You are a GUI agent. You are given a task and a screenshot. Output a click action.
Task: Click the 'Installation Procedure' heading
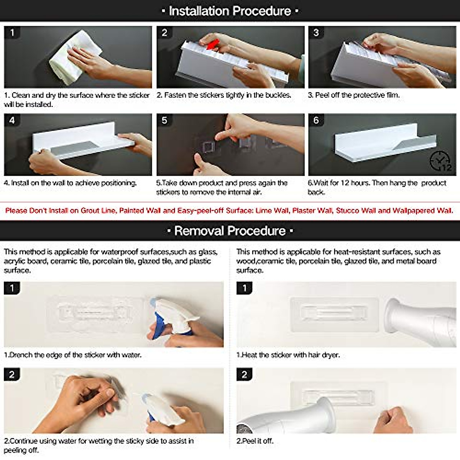click(230, 11)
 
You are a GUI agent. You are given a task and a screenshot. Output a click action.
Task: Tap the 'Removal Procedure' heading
click(230, 231)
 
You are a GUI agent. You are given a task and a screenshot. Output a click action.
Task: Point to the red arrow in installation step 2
click(212, 44)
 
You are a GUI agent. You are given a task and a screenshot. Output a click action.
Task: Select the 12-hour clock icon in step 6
click(440, 161)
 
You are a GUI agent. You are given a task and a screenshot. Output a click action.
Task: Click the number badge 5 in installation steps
click(164, 120)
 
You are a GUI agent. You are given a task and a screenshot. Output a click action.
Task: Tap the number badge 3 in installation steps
click(316, 33)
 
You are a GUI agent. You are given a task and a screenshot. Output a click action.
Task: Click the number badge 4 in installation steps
click(12, 120)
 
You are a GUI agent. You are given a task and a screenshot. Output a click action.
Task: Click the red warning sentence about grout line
click(229, 210)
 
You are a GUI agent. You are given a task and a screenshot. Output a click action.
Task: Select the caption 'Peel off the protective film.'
click(354, 95)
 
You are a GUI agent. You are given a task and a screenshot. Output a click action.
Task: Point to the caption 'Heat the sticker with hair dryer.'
click(288, 355)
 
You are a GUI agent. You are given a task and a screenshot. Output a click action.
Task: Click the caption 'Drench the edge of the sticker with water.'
click(73, 355)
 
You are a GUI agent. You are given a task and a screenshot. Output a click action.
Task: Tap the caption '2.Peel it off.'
click(255, 441)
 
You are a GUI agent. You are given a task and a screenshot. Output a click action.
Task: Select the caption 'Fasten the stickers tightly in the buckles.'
click(224, 95)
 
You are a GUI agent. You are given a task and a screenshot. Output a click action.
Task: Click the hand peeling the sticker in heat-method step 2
click(393, 420)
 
